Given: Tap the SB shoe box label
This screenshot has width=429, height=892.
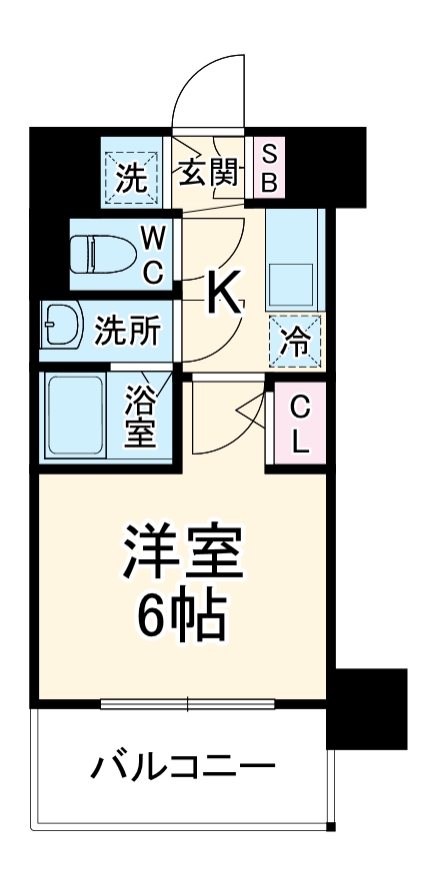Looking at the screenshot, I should click(x=268, y=168).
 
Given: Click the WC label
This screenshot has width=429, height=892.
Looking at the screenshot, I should click(x=151, y=255).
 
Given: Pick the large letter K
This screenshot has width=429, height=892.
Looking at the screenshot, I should click(x=224, y=293).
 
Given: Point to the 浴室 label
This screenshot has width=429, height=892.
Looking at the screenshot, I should click(x=139, y=419).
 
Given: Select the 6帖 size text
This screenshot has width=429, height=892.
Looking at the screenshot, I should click(x=184, y=617).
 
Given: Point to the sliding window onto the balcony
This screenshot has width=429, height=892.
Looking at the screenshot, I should click(x=187, y=704).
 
